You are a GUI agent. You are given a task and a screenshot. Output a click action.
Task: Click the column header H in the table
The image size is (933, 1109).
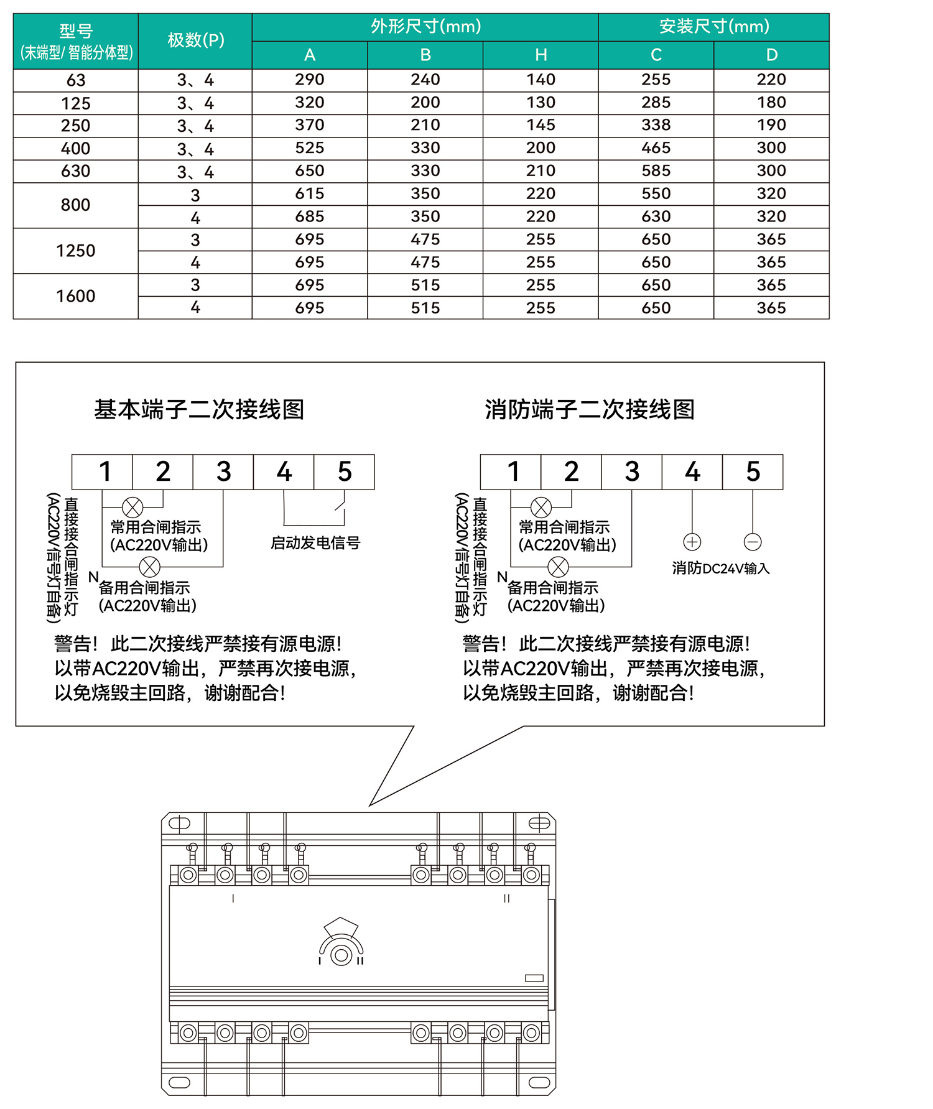(541, 55)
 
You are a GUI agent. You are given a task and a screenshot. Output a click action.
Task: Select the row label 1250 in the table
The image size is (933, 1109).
(76, 251)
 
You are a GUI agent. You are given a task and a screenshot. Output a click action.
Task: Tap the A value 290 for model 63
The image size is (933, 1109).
(310, 80)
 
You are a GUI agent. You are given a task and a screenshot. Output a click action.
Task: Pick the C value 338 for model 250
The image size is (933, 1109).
(656, 125)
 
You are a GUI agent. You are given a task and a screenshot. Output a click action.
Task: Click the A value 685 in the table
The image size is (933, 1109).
(310, 216)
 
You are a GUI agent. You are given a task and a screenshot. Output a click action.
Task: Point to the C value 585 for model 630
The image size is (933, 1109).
(656, 171)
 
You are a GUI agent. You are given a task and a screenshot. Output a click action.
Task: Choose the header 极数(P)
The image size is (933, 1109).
(195, 40)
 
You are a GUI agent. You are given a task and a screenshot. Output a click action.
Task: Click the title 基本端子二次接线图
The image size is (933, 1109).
(199, 410)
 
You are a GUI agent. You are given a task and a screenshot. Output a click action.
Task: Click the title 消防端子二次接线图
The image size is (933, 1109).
(590, 410)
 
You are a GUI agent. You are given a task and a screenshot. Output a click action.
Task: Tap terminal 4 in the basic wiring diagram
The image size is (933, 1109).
(284, 472)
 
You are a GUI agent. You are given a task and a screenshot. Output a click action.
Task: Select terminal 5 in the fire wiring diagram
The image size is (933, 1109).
(753, 472)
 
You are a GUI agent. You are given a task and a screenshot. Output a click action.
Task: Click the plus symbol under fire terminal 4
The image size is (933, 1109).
(692, 542)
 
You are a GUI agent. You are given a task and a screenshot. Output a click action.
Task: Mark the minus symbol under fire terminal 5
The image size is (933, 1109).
(753, 542)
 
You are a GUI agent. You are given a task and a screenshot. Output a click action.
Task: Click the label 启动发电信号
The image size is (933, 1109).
(315, 543)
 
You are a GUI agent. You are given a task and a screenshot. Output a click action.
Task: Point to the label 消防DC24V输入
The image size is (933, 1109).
(721, 568)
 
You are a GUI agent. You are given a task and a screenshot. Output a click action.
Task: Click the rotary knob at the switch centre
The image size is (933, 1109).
(341, 955)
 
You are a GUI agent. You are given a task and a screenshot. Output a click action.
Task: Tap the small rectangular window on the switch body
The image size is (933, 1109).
(534, 978)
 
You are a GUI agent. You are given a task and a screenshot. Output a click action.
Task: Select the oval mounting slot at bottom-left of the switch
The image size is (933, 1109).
(179, 1083)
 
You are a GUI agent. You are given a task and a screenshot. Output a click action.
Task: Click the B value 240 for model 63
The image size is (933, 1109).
(425, 80)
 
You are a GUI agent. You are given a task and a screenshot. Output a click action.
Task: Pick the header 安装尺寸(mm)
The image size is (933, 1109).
(714, 27)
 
